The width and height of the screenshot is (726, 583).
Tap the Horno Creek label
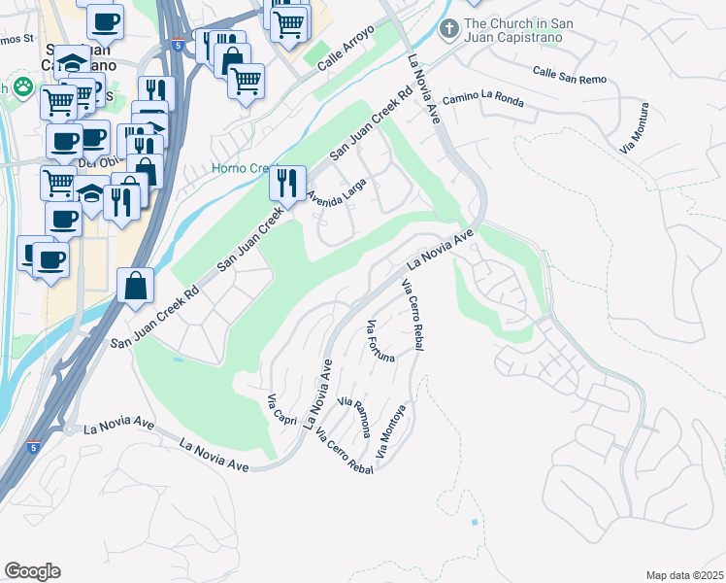tap(243, 168)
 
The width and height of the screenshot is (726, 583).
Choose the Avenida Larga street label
tap(337, 191)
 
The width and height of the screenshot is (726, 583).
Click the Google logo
tap(32, 571)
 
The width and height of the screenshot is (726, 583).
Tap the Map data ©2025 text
tap(684, 575)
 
